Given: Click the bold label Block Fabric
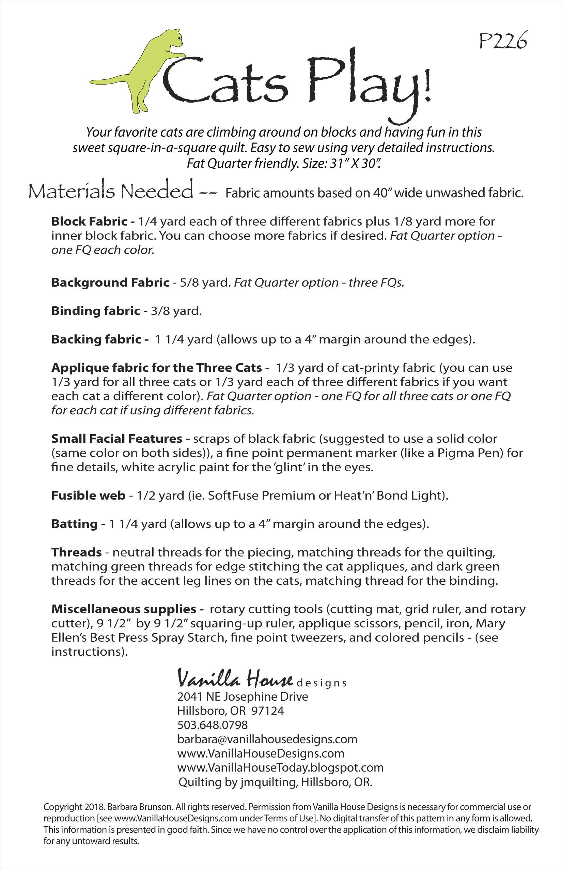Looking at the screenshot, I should [89, 221].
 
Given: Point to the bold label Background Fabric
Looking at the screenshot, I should [110, 282].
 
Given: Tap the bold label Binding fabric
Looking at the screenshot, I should [96, 311].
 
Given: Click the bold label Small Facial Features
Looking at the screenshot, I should [117, 439].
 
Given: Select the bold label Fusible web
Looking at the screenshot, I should [88, 496].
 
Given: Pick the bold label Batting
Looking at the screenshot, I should [75, 524].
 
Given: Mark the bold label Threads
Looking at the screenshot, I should [76, 552].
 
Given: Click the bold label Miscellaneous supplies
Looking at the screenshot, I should [124, 609].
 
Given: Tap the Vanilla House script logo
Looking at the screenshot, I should [235, 679].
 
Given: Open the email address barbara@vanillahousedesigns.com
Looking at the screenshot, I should [267, 739].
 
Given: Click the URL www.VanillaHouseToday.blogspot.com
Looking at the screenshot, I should [280, 767].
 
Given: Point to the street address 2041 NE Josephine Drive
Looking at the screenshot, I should [243, 696].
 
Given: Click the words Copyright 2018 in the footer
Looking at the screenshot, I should [68, 807].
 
